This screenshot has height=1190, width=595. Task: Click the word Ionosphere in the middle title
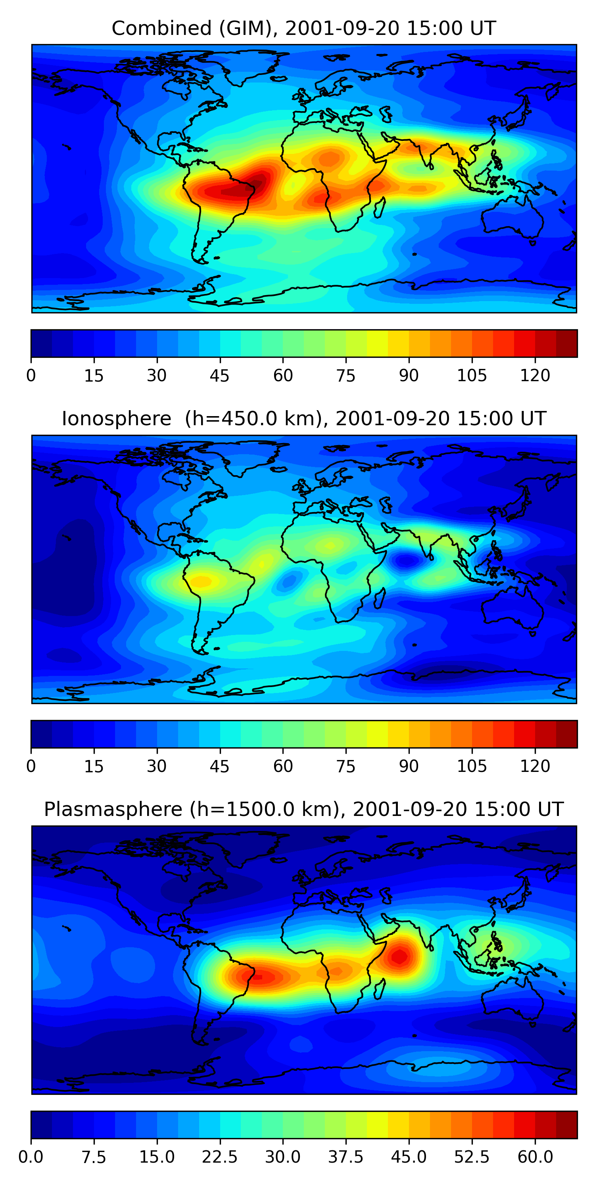pyautogui.click(x=116, y=419)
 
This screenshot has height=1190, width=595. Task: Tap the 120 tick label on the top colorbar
pyautogui.click(x=535, y=376)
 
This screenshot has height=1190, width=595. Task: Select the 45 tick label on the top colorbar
pyautogui.click(x=219, y=376)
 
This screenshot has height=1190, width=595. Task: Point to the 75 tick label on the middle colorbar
pyautogui.click(x=345, y=766)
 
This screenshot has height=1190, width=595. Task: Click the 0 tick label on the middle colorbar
pyautogui.click(x=31, y=766)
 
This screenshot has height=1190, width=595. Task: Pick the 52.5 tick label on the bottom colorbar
pyautogui.click(x=472, y=1157)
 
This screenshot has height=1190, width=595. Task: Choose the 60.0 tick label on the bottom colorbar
pyautogui.click(x=535, y=1157)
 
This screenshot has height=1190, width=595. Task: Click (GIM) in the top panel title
pyautogui.click(x=247, y=29)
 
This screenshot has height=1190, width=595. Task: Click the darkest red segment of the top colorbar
pyautogui.click(x=566, y=343)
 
